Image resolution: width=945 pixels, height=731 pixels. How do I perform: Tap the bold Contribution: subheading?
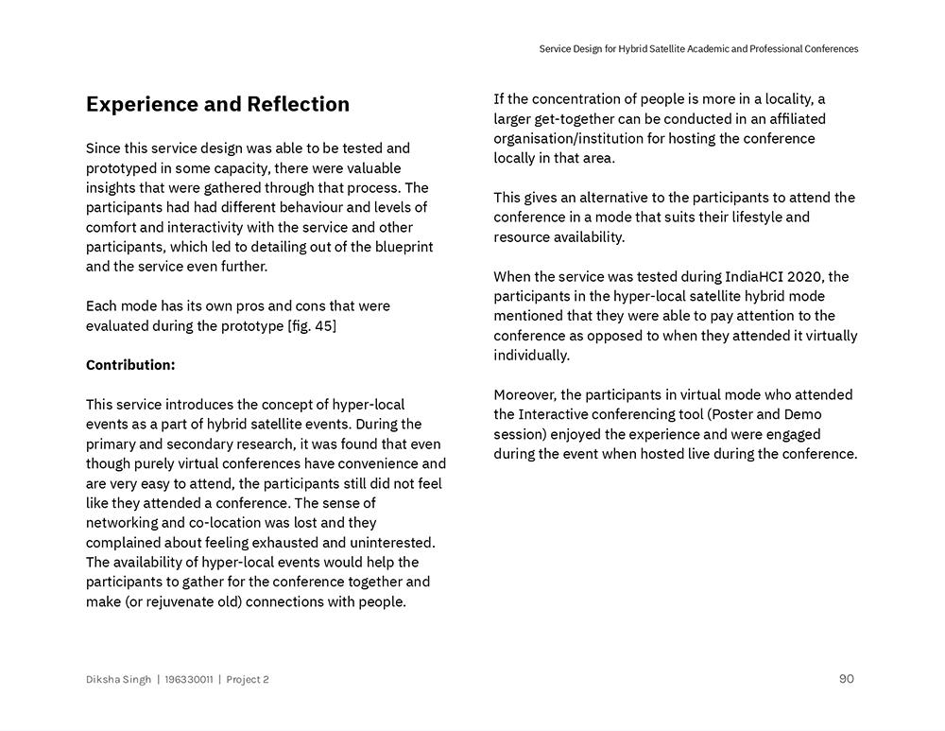click(130, 365)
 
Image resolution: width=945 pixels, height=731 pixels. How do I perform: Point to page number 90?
click(846, 679)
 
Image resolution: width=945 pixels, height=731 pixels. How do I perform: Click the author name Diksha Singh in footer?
click(118, 680)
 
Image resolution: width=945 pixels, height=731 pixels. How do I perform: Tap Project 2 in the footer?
click(248, 680)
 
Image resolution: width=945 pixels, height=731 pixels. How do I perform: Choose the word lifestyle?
click(744, 218)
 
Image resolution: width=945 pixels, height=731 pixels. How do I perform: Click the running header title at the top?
click(698, 49)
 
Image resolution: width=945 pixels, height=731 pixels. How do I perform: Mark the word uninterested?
click(389, 543)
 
